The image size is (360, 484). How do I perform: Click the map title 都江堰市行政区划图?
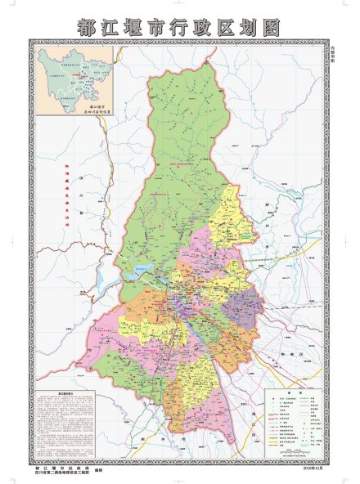179,26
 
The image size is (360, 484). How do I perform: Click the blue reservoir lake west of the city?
106,280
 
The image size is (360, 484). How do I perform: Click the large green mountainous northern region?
176,147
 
